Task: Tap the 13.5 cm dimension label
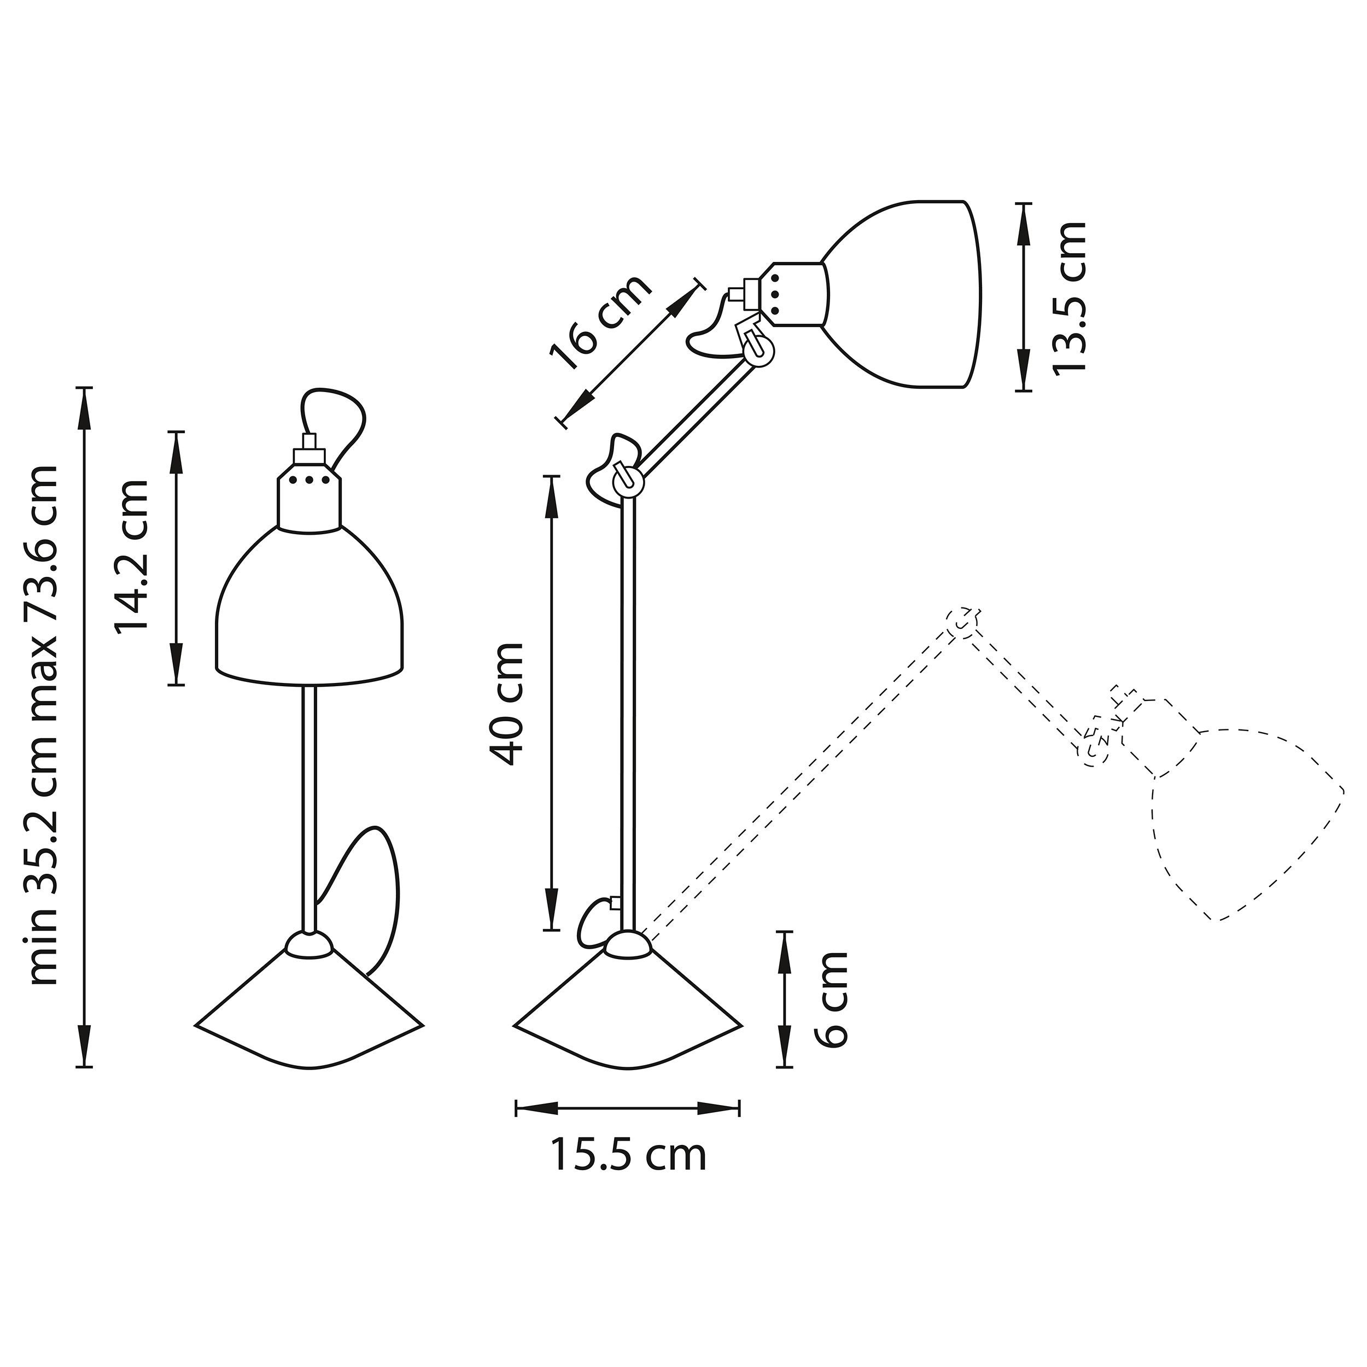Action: (1068, 297)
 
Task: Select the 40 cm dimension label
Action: (508, 704)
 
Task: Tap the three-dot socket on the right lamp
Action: (792, 295)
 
